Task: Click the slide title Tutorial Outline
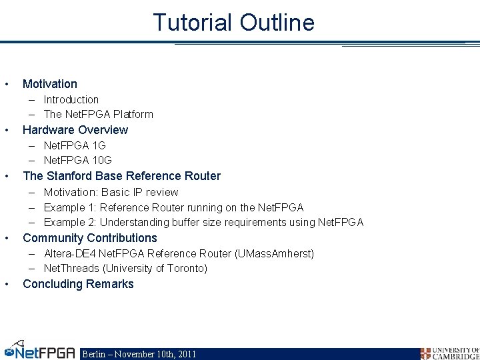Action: point(233,23)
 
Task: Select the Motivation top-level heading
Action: point(50,84)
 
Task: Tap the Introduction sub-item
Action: point(71,99)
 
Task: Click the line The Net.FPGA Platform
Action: point(98,114)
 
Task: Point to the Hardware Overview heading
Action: point(75,130)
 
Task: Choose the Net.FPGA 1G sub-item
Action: point(75,145)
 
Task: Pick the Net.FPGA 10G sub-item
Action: point(77,160)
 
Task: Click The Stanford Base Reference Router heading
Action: point(121,176)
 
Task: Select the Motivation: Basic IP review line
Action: point(111,192)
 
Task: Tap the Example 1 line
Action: point(173,207)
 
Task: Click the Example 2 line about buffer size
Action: point(203,222)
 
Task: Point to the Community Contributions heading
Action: point(90,238)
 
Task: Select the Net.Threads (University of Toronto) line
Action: point(125,268)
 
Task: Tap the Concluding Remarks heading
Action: point(78,284)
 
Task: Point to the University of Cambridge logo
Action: point(449,353)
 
